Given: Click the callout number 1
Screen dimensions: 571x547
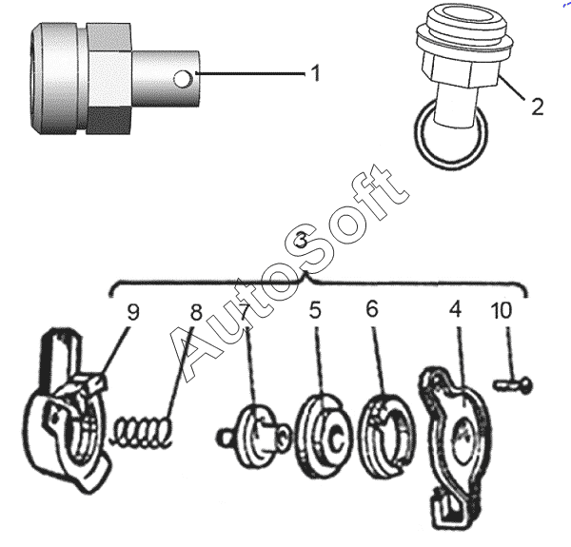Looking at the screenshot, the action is click(x=316, y=73).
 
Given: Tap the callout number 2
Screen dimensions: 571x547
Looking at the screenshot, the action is click(x=538, y=107).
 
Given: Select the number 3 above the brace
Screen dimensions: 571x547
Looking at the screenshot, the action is click(x=302, y=240).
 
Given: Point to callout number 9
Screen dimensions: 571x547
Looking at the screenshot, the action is click(x=133, y=312).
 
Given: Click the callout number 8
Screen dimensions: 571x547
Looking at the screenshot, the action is click(x=196, y=312).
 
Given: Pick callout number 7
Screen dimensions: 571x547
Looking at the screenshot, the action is click(x=245, y=312).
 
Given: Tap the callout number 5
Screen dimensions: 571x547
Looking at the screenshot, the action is click(x=315, y=310).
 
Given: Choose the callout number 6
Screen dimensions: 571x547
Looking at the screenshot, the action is click(x=372, y=309).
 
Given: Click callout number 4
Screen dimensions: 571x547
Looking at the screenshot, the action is click(x=456, y=310).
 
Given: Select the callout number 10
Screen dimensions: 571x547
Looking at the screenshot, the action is click(x=502, y=310).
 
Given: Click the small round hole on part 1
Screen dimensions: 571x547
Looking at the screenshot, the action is click(x=182, y=79).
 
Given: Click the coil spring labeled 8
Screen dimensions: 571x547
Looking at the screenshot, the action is click(x=142, y=432).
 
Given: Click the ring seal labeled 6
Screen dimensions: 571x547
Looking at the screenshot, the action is click(x=386, y=436).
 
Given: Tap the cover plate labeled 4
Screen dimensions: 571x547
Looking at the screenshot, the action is click(x=454, y=448).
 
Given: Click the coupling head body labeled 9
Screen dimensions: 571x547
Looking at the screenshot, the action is click(x=67, y=411).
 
